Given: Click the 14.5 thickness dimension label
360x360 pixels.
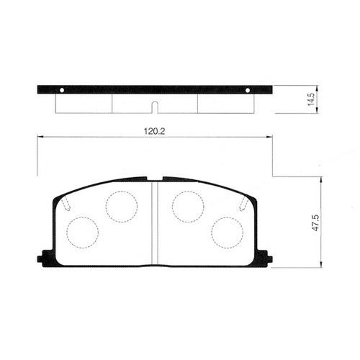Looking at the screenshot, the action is click(311, 99).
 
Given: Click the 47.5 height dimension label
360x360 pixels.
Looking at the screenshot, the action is click(315, 223).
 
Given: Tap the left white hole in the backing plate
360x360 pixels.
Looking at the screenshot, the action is click(62, 90).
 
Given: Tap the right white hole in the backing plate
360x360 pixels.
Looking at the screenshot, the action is click(248, 90).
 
